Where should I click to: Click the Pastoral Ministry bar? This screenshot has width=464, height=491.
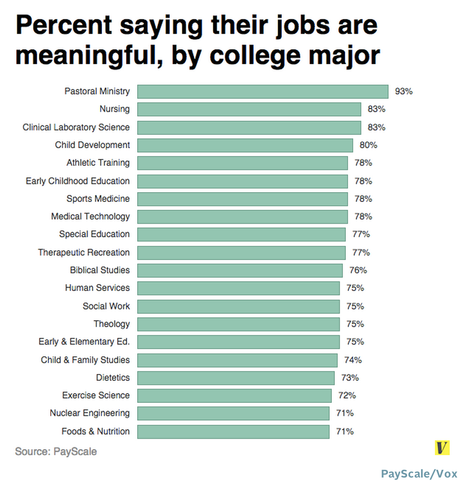[x=263, y=92]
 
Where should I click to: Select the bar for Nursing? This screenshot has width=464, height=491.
[x=249, y=109]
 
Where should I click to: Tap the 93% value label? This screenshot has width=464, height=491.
[x=403, y=92]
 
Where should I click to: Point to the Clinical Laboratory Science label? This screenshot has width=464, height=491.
[x=76, y=127]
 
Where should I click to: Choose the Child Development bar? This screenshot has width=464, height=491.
[x=245, y=145]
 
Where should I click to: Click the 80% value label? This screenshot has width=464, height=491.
[x=368, y=145]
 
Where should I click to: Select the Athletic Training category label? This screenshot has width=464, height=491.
[x=98, y=163]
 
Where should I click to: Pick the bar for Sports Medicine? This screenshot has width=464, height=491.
[x=242, y=199]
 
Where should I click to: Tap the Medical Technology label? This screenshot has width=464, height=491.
[x=91, y=216]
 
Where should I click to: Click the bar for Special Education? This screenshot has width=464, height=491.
[x=241, y=234]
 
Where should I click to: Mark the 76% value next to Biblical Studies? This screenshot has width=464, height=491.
[x=358, y=270]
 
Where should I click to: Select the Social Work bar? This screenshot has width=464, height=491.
[x=238, y=306]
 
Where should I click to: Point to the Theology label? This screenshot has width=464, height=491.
[x=111, y=324]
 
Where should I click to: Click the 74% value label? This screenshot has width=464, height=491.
[x=353, y=360]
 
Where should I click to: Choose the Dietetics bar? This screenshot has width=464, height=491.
[x=236, y=378]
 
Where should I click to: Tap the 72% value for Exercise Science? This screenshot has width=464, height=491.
[x=347, y=396]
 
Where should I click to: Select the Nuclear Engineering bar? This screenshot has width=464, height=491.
[x=233, y=413]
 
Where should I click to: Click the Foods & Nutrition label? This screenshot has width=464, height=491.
[x=95, y=431]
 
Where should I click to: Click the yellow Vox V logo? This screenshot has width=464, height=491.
[x=442, y=448]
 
